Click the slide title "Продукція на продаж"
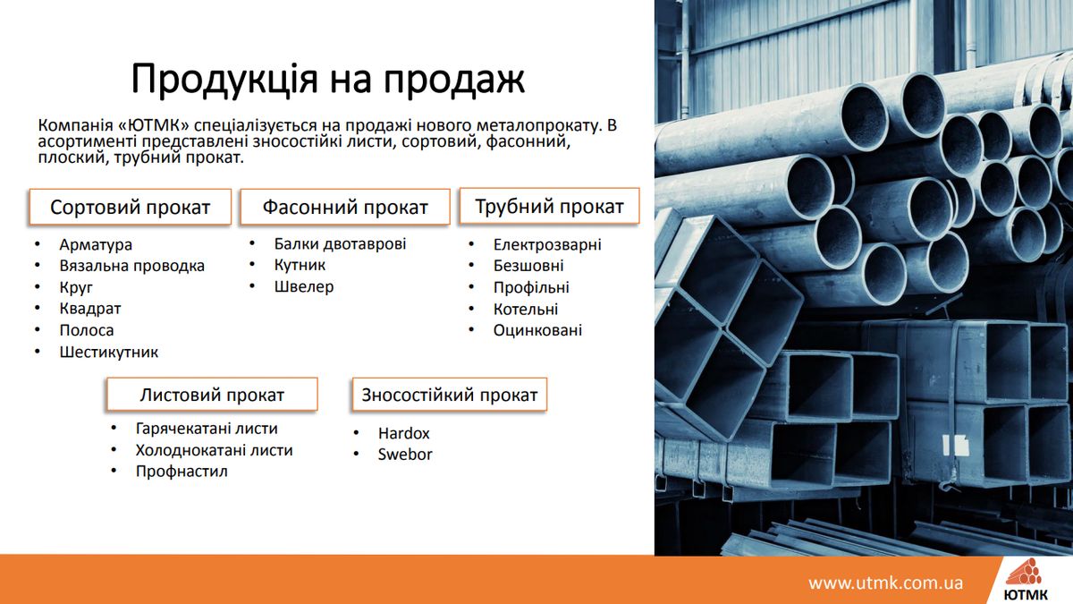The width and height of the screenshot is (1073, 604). point(328,79)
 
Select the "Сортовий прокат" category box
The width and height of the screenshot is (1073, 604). point(131,207)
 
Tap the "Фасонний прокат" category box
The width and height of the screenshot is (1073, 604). point(345,207)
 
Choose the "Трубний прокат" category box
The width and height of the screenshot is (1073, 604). point(549,206)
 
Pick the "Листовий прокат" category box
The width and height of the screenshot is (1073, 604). point(212,394)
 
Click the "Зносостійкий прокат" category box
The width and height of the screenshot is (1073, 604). point(449,394)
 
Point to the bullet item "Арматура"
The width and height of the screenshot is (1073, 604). point(96,244)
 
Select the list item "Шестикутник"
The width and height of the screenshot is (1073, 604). point(109,353)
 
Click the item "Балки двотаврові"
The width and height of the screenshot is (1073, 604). point(340,243)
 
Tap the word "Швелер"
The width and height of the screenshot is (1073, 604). point(304,286)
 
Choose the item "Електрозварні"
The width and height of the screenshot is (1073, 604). point(547,244)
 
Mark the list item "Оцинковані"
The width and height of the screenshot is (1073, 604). point(537,330)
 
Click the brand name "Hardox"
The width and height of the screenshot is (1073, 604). point(404,433)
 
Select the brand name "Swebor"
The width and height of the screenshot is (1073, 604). point(405,455)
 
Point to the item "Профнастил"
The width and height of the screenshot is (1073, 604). point(182,472)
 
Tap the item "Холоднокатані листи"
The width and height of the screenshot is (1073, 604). point(214,450)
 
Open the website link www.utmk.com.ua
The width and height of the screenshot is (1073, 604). point(886,583)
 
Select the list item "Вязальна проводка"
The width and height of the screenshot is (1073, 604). point(131,266)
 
